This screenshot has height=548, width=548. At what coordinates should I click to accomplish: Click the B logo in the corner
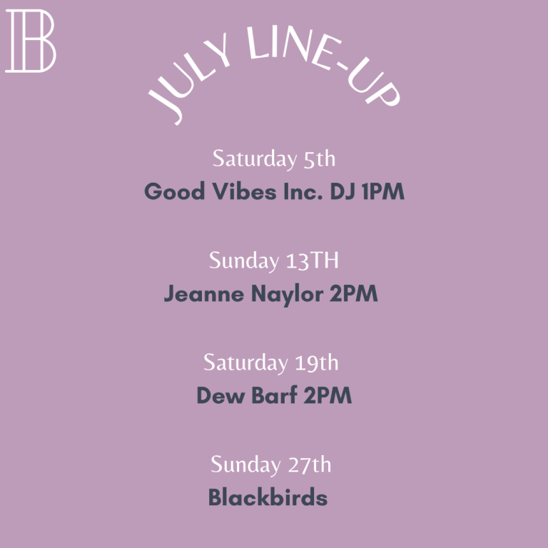[31, 41]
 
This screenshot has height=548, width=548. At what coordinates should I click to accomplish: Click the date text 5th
[320, 159]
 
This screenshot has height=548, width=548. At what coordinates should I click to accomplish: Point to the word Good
[175, 191]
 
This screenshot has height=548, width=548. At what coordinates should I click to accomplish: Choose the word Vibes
[245, 191]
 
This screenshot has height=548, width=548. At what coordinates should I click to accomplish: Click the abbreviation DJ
[342, 191]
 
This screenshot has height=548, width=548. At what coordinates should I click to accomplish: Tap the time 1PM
[383, 191]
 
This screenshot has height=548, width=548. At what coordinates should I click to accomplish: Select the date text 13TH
[313, 260]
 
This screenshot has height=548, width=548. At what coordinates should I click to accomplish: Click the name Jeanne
[204, 293]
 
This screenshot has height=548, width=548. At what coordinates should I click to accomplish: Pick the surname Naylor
[288, 294]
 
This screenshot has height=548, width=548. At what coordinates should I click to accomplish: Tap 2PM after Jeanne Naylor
[354, 293]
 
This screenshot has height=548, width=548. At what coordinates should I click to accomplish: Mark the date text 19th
[317, 362]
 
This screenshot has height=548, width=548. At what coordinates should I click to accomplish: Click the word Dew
[220, 395]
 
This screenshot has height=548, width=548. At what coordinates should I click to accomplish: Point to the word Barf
[274, 395]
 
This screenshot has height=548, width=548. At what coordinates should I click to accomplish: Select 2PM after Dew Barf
[328, 395]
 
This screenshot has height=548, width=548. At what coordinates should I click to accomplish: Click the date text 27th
[309, 465]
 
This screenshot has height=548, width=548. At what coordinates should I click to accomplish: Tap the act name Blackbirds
[268, 497]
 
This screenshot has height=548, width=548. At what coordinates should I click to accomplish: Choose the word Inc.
[303, 191]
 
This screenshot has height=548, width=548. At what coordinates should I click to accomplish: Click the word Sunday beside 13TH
[244, 261]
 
